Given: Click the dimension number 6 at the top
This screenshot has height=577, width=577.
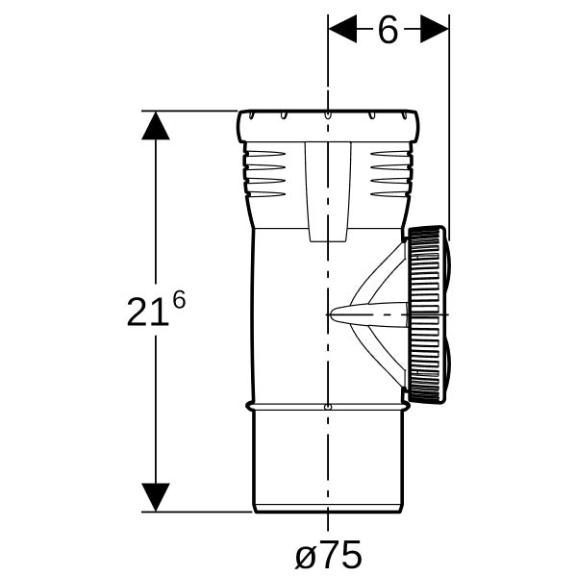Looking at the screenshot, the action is click(388, 30).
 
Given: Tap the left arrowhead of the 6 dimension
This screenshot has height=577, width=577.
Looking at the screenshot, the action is click(342, 29).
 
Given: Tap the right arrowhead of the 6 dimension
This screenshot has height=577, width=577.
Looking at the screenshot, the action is click(435, 29).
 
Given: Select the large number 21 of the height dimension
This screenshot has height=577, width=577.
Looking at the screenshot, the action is click(147, 312).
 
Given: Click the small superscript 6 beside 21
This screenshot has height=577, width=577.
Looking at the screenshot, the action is click(179, 300).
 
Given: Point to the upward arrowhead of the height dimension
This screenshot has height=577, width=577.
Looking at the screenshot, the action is click(156, 125).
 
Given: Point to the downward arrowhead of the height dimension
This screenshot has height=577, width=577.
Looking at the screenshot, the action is click(156, 497).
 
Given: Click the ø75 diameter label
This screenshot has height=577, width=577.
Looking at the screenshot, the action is click(329, 554).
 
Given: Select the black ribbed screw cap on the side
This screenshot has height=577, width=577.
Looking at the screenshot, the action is click(427, 314).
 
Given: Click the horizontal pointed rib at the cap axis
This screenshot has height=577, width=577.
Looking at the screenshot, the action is click(368, 315).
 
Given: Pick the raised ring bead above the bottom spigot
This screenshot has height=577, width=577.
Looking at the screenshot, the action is click(328, 406).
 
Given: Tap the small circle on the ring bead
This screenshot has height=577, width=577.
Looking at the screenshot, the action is click(327, 407).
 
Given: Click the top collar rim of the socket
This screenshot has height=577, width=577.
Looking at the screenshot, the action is click(328, 126).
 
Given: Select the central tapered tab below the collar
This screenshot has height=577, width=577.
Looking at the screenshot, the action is click(328, 191).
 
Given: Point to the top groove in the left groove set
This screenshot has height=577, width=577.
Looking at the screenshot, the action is click(265, 154).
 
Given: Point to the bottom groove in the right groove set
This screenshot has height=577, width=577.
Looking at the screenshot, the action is click(390, 194).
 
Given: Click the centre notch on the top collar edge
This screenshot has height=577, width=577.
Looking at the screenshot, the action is click(328, 115).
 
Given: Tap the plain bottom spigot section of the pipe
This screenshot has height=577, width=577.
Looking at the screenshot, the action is click(328, 462).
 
